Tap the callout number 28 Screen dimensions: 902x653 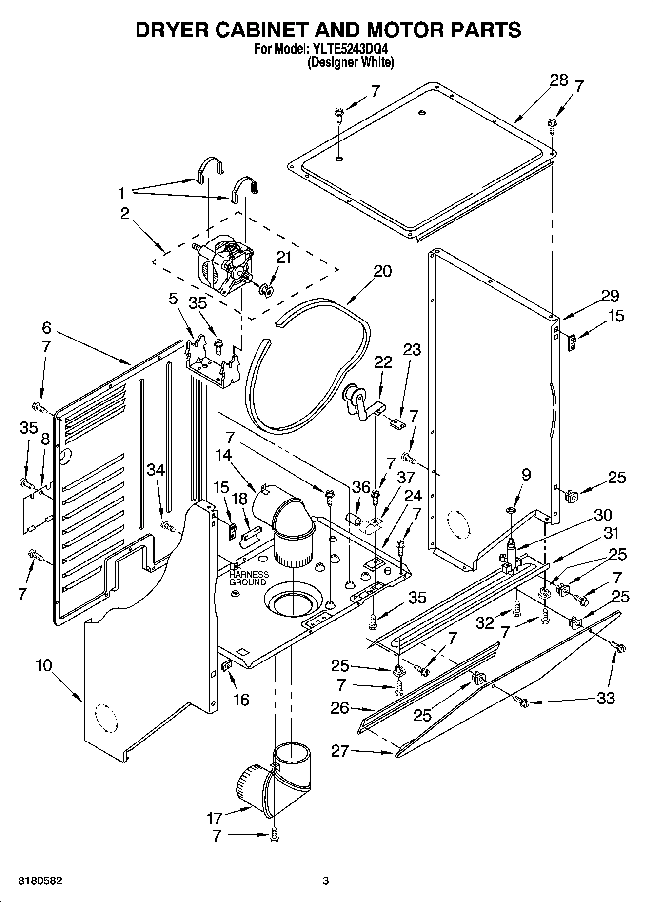pyautogui.click(x=559, y=80)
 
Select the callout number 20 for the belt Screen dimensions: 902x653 pyautogui.click(x=383, y=271)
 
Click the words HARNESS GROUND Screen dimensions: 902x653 pyautogui.click(x=249, y=578)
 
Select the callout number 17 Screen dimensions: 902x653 pyautogui.click(x=214, y=818)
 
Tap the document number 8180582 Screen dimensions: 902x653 pyautogui.click(x=41, y=881)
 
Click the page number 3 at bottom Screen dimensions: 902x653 pyautogui.click(x=326, y=881)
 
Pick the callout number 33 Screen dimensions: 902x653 pyautogui.click(x=606, y=699)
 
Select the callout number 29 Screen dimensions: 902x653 pyautogui.click(x=610, y=296)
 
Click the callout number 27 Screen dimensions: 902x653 pyautogui.click(x=340, y=751)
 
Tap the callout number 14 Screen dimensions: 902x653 pyautogui.click(x=223, y=455)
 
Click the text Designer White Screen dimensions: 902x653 pyautogui.click(x=350, y=62)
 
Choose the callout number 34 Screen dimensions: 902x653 pyautogui.click(x=157, y=470)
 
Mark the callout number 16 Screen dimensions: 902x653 pyautogui.click(x=241, y=700)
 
